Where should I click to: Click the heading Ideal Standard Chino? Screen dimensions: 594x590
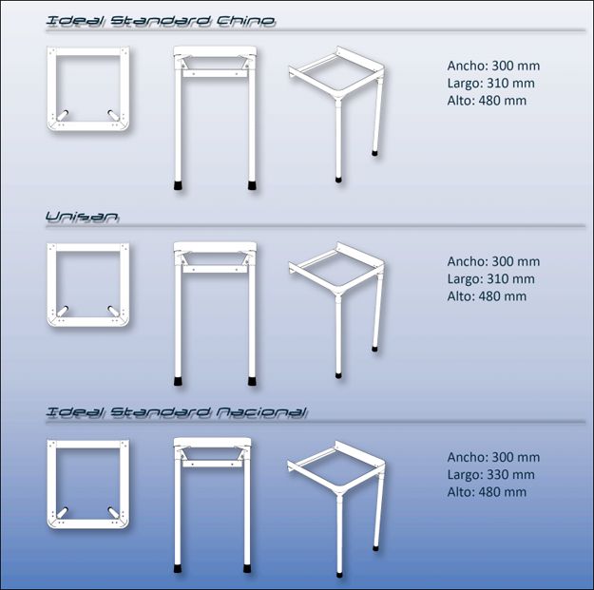coord(161,21)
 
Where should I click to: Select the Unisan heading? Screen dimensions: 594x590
coord(82,217)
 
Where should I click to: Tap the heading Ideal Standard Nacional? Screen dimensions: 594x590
coord(176,412)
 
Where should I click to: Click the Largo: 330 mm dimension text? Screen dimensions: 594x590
coord(491,474)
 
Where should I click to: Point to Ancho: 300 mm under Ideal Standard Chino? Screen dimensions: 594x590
coord(493,66)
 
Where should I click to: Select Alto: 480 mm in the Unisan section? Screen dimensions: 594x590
coord(487,296)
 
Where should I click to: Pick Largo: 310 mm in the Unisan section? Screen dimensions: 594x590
coord(491,278)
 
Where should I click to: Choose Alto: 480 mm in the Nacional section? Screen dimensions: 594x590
coord(487,492)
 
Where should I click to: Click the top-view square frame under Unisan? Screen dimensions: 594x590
coord(52,284)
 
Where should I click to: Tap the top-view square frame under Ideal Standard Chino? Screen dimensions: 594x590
coord(52,88)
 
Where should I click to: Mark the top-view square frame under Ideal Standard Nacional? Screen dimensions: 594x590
coord(52,484)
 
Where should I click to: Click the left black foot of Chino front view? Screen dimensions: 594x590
coord(178,185)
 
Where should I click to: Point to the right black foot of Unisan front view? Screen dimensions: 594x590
coord(252,381)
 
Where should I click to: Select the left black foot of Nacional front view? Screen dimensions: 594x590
coord(178,568)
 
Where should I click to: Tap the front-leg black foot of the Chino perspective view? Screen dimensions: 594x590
coord(338,180)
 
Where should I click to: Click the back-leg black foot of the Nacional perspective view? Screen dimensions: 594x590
coord(375,547)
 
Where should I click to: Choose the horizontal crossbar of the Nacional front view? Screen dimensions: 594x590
coord(213,464)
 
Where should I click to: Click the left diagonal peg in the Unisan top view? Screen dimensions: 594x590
coord(63,312)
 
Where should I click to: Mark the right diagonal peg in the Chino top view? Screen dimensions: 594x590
coord(113,116)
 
